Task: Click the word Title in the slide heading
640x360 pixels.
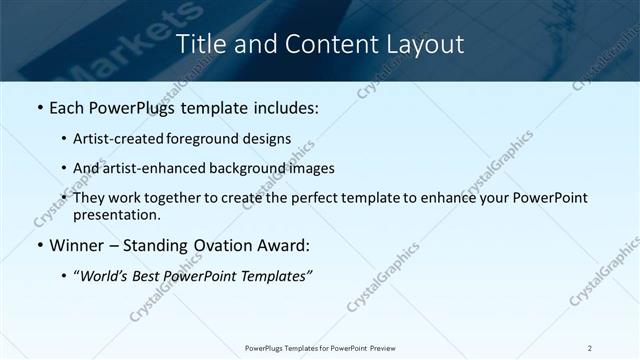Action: pos(200,44)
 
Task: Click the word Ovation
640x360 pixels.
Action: pos(218,245)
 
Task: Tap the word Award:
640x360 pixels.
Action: pos(283,245)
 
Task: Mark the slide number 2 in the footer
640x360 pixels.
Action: pos(590,347)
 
